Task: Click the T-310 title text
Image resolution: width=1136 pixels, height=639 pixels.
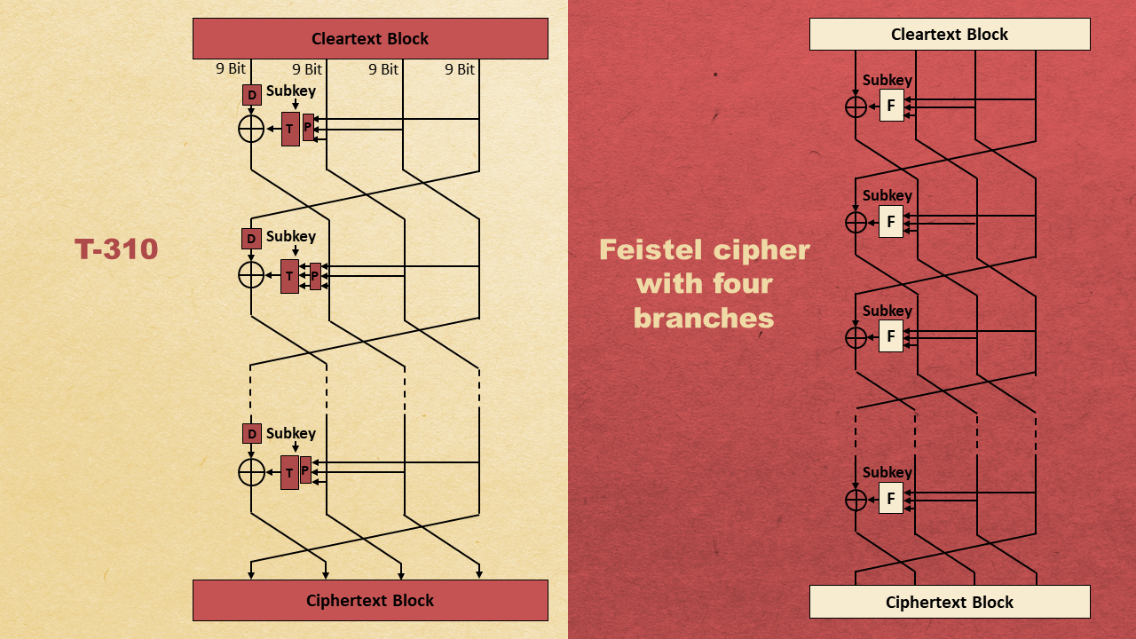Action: coord(116,249)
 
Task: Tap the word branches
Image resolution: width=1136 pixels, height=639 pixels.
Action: coord(704,318)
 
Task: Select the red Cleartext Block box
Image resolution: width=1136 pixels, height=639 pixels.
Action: coord(370,38)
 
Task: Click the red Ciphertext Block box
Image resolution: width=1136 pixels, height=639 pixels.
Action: coord(370,600)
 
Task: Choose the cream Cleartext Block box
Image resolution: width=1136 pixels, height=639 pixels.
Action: coord(950,35)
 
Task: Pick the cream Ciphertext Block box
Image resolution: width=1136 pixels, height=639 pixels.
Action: coord(950,602)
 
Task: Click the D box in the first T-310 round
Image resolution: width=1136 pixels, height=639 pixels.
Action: coord(252,95)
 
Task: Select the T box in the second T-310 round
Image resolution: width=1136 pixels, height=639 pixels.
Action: coord(289,276)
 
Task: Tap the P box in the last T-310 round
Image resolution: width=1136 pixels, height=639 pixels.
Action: coord(305,469)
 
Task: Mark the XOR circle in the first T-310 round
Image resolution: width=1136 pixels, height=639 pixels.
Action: coord(252,129)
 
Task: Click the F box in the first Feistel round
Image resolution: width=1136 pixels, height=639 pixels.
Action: coord(891,106)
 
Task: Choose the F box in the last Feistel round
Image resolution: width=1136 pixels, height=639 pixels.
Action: coord(891,498)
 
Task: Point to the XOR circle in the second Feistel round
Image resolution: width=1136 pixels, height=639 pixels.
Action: coord(856,221)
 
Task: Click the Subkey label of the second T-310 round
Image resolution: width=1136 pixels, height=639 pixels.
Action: coord(291,237)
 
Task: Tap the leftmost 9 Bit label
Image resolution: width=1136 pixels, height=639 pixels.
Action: coord(231,69)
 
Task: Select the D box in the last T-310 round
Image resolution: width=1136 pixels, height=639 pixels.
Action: coord(252,434)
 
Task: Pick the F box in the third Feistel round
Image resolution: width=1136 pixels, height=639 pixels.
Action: coord(891,336)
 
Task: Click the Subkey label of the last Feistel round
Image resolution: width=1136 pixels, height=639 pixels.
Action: coord(887,472)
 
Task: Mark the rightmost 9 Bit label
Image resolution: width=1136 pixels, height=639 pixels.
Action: coord(460,69)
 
